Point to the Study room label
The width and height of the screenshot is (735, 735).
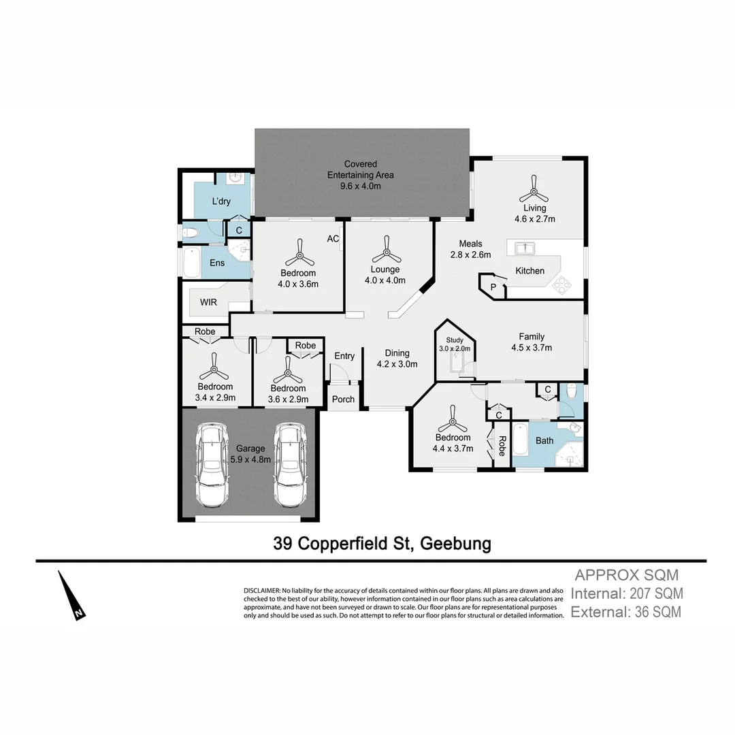[454, 340]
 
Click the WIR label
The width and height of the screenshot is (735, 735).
[208, 301]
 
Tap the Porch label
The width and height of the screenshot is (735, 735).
[343, 399]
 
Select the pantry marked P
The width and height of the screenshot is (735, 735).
[493, 287]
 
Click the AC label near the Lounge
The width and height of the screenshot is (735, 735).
[333, 239]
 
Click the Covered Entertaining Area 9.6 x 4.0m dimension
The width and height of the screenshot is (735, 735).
[361, 186]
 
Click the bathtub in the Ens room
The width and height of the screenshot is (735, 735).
[192, 263]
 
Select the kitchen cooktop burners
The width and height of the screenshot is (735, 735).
[562, 284]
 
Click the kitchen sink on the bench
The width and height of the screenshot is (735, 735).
[524, 247]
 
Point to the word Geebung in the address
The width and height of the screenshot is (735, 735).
[455, 544]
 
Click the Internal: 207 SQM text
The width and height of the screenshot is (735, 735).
[627, 593]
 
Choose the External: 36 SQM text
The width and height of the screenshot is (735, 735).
[625, 612]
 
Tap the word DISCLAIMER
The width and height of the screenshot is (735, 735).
[261, 590]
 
